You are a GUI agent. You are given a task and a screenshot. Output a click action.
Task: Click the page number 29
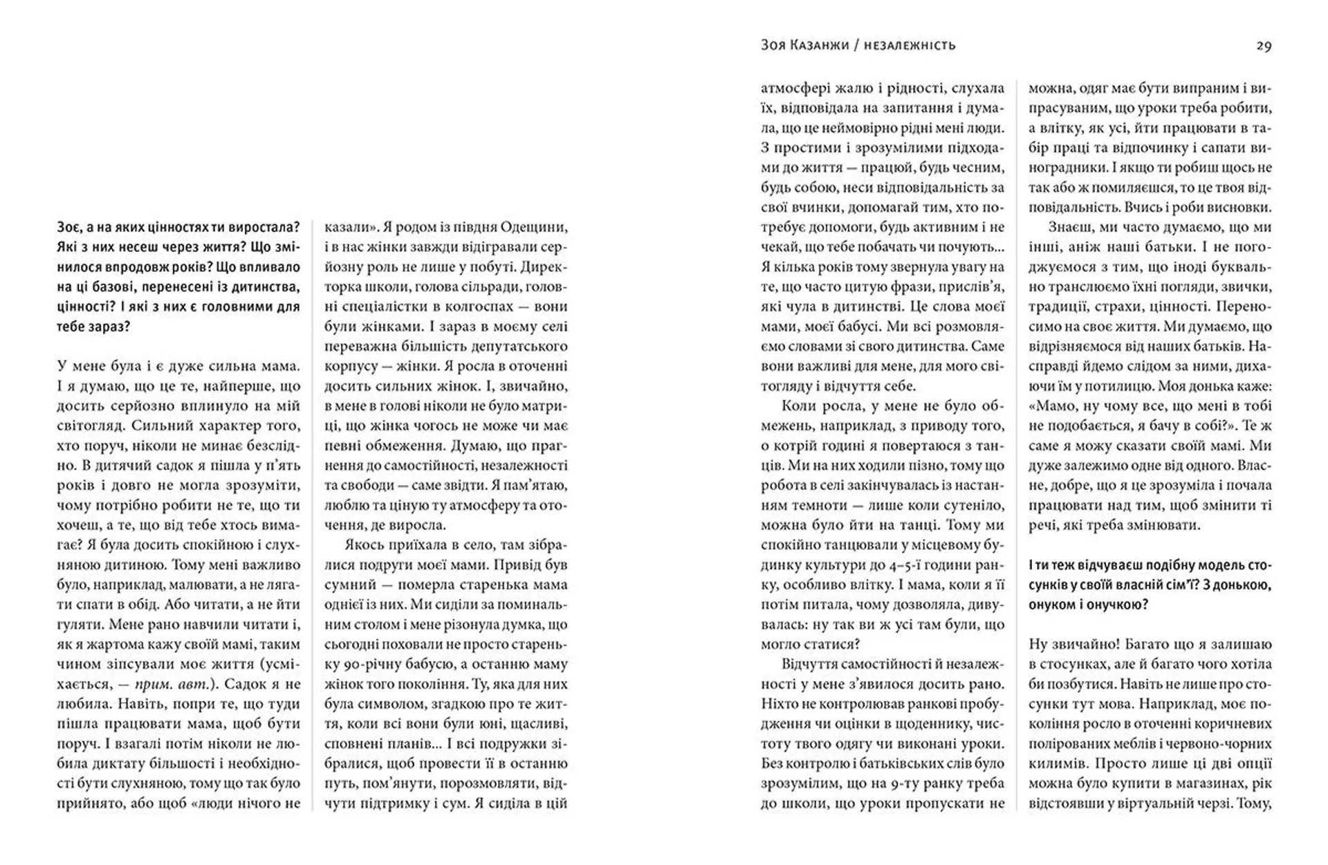[1264, 46]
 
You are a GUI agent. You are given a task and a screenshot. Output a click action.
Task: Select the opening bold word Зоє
[71, 227]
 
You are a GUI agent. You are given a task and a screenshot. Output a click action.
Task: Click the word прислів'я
[972, 286]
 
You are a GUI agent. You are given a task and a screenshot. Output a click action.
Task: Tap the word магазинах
[1199, 783]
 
